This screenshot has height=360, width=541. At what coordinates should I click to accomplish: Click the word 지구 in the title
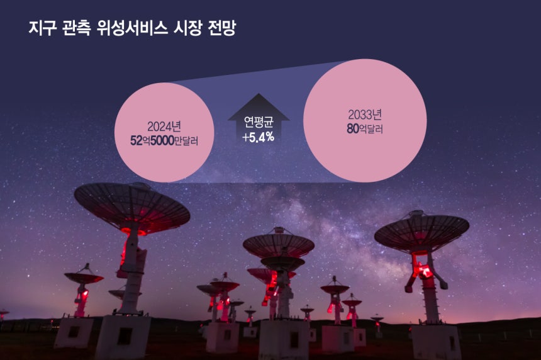(42, 28)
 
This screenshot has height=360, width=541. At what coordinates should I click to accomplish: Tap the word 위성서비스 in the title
(133, 28)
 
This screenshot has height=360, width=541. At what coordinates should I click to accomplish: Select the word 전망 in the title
(222, 28)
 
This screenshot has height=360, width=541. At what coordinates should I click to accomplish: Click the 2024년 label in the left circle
(164, 127)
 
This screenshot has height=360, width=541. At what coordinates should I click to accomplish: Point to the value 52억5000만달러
(164, 141)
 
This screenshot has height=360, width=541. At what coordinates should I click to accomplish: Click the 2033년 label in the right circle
(365, 115)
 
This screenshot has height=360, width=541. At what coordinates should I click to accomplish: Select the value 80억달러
(365, 129)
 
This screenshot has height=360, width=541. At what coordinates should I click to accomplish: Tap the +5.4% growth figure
(258, 137)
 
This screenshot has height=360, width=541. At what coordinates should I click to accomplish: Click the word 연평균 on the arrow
(259, 122)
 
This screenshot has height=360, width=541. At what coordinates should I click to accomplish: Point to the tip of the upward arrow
(259, 94)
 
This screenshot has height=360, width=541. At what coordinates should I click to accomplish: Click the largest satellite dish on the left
(132, 208)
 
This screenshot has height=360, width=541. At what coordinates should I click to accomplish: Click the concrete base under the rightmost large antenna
(436, 342)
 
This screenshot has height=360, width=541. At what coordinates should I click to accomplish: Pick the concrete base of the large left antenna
(123, 337)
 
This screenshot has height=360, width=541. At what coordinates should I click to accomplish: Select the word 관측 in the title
(77, 28)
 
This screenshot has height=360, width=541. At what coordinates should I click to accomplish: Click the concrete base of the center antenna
(284, 339)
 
